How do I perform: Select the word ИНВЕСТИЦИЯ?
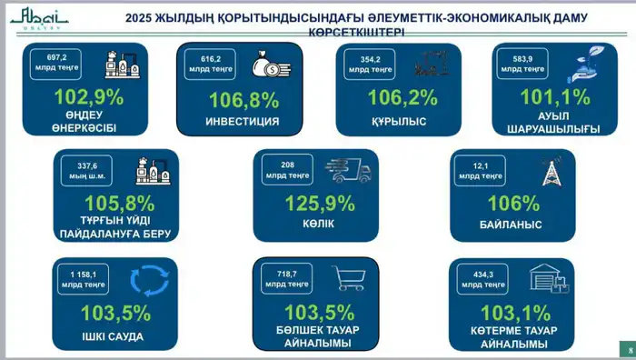click(241, 121)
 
